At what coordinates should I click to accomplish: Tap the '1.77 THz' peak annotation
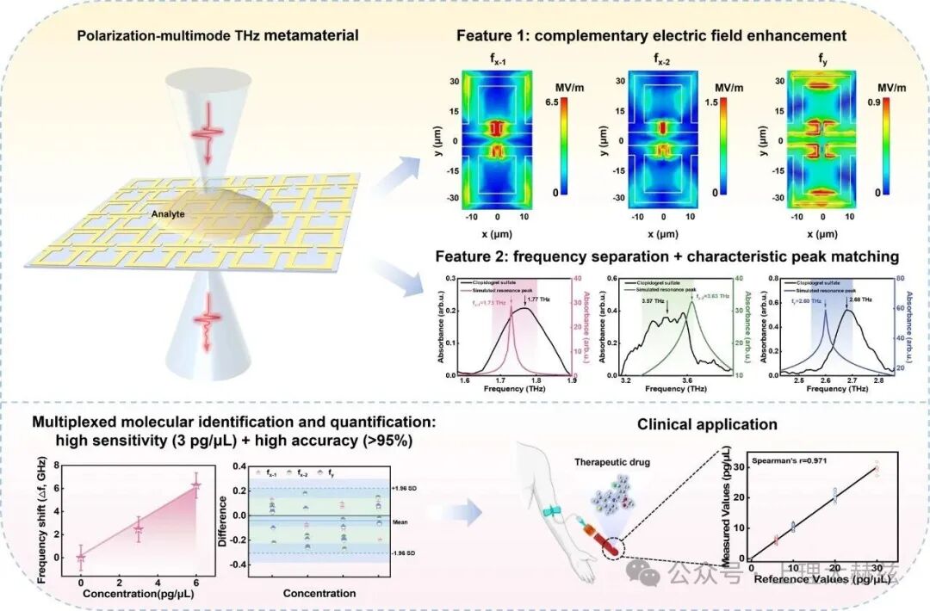click(539, 299)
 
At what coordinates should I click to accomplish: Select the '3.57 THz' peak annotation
click(654, 301)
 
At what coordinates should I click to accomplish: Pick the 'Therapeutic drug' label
click(613, 461)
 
